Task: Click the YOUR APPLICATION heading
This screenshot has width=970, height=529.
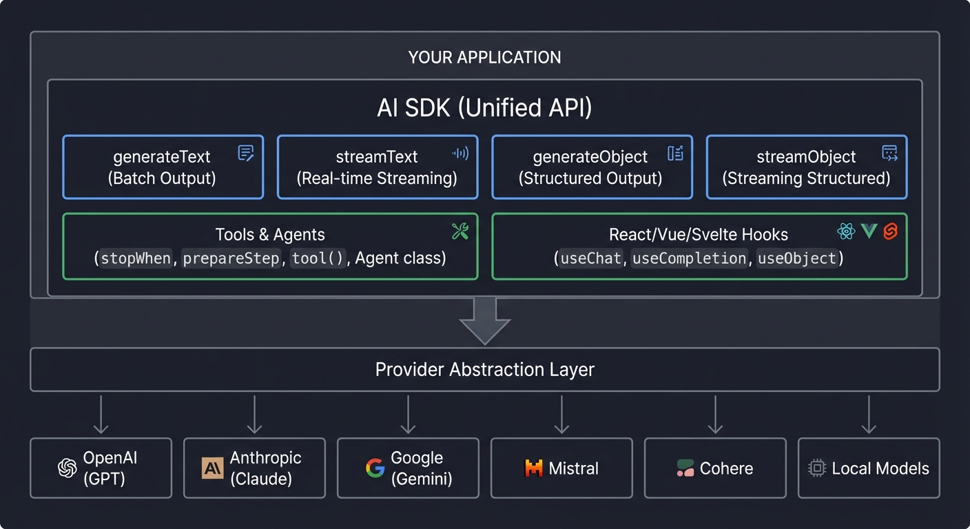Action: (x=484, y=57)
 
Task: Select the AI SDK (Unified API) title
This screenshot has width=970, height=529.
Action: (x=484, y=108)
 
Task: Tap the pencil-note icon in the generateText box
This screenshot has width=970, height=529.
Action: (x=246, y=154)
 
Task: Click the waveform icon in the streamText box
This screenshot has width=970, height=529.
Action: (x=460, y=154)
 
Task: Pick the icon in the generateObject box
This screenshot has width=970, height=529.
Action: (x=675, y=154)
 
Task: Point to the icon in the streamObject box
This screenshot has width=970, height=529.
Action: (x=889, y=154)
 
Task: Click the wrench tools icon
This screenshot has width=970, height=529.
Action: (x=460, y=231)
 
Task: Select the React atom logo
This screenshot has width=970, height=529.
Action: (x=846, y=231)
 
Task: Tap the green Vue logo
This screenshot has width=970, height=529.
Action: (x=869, y=231)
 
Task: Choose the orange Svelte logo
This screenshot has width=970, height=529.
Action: (x=890, y=231)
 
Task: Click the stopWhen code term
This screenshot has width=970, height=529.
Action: (x=136, y=258)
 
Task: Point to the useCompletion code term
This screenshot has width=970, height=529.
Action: (x=689, y=258)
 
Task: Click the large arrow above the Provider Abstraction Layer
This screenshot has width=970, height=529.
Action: (x=484, y=321)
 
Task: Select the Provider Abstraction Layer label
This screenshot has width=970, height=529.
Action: (x=484, y=370)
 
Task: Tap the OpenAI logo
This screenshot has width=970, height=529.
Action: (x=67, y=468)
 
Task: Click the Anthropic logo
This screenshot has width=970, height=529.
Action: (x=212, y=468)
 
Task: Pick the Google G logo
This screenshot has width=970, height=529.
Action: (x=375, y=468)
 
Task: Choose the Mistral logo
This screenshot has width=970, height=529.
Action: (x=533, y=468)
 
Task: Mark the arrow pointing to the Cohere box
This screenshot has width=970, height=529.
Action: (x=715, y=414)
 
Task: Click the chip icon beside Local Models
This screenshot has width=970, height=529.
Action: (x=817, y=468)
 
